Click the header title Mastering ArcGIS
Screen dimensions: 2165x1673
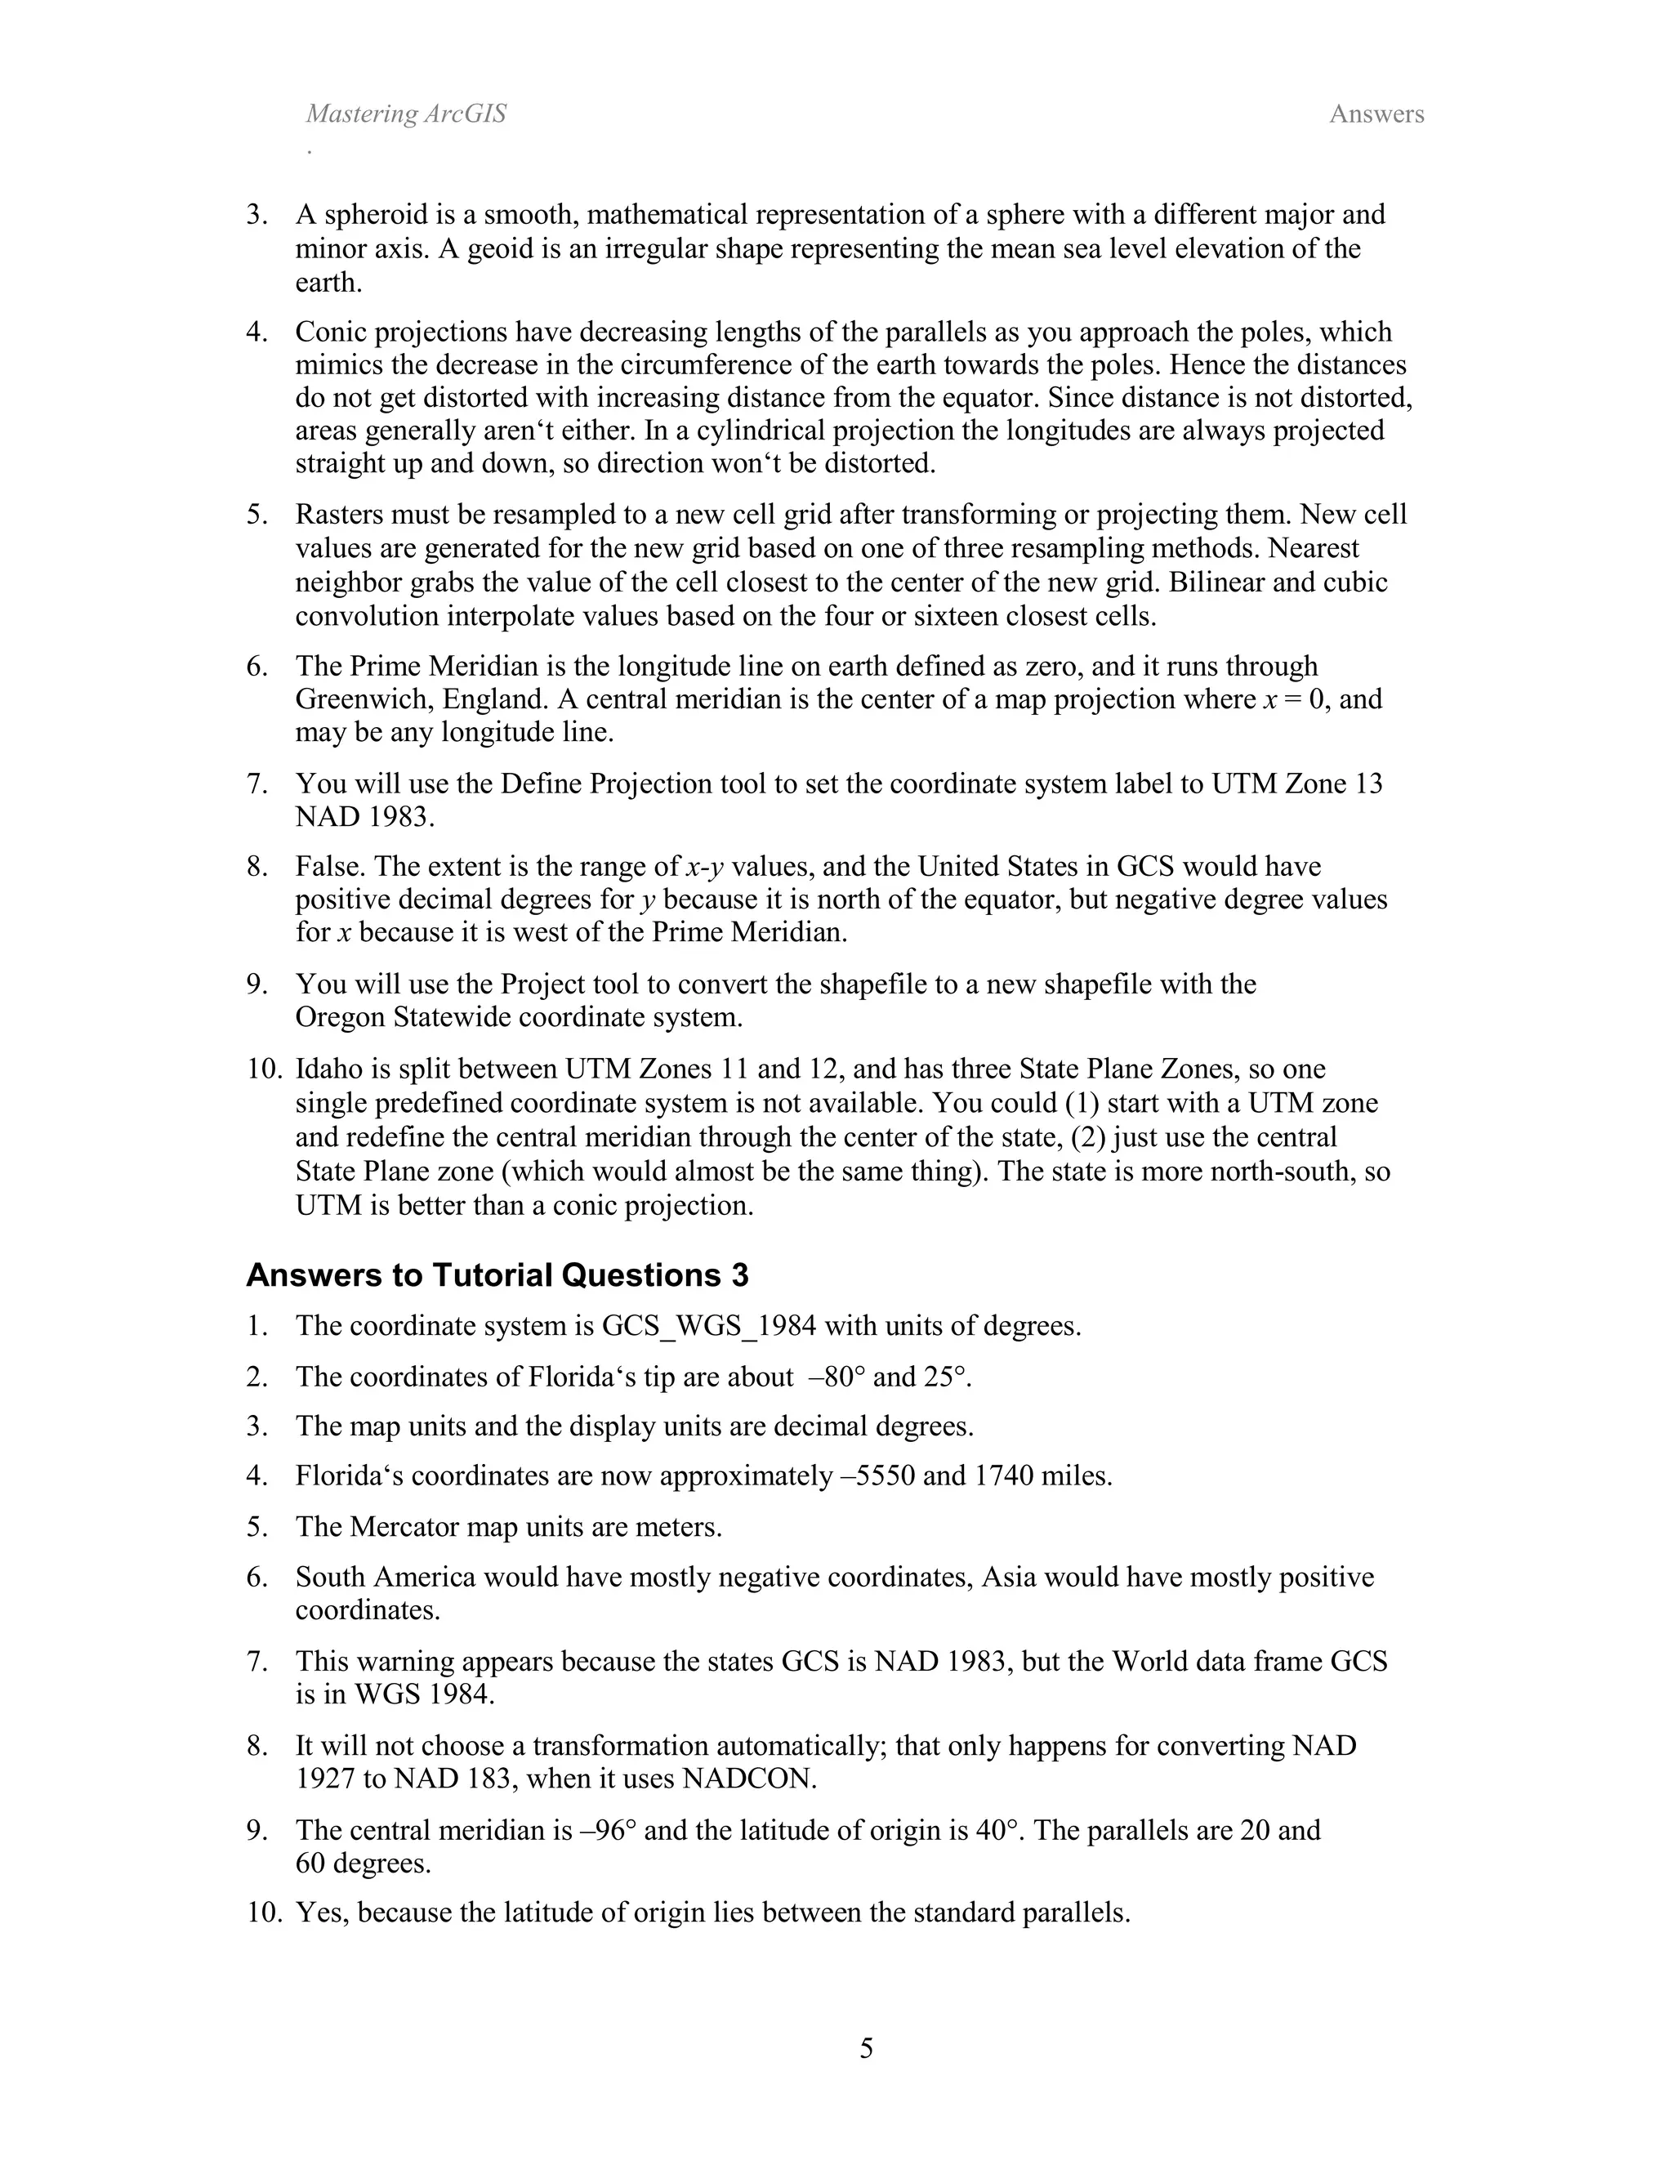click(x=405, y=114)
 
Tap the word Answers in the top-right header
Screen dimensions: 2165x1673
click(x=1376, y=114)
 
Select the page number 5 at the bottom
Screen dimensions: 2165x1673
click(x=866, y=2047)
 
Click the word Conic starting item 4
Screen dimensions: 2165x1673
click(x=330, y=331)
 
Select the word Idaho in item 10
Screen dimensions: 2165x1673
click(x=328, y=1069)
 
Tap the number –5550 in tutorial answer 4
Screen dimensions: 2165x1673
click(x=874, y=1476)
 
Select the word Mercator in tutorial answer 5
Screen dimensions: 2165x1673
click(x=405, y=1527)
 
